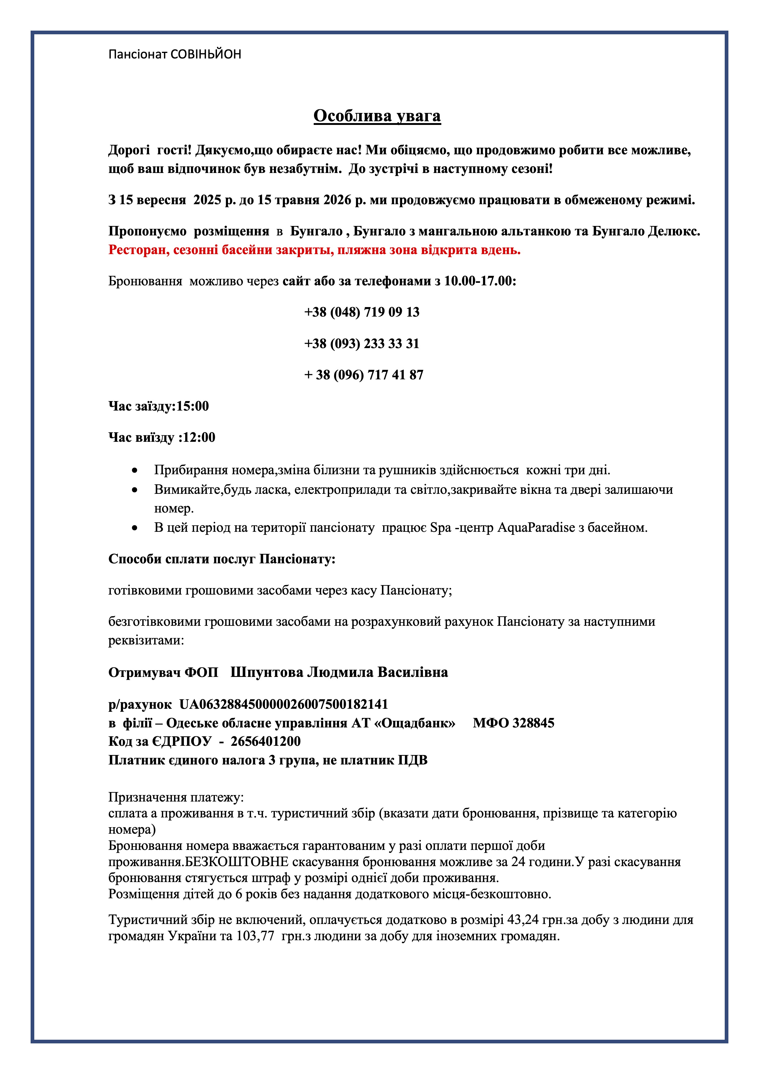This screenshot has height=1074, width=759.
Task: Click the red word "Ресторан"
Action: (137, 250)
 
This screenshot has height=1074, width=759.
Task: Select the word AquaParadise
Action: (536, 527)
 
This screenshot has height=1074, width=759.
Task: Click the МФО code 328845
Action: (533, 723)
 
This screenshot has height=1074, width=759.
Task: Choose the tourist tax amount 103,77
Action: (255, 936)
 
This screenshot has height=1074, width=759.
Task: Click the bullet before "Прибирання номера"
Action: (135, 470)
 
